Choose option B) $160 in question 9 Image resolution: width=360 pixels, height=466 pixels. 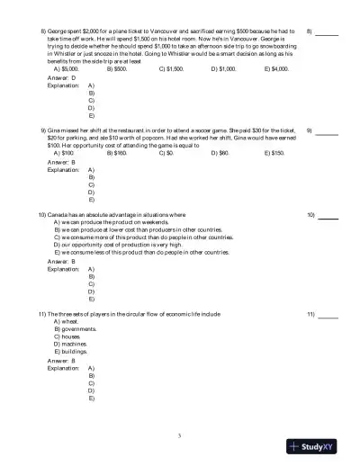click(116, 153)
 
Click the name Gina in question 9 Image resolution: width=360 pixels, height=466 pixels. click(57, 130)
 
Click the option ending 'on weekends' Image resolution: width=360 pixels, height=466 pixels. click(111, 223)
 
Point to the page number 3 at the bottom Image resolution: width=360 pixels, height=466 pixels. click(180, 436)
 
